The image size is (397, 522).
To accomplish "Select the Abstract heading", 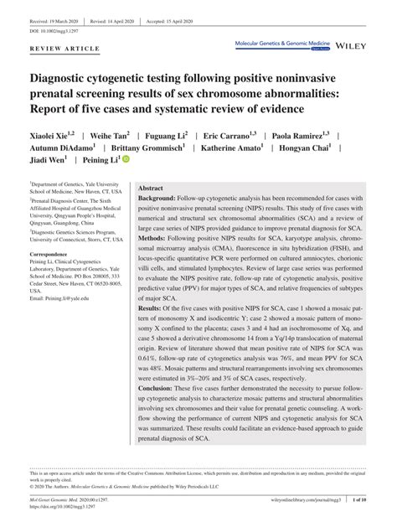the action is [150, 189].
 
